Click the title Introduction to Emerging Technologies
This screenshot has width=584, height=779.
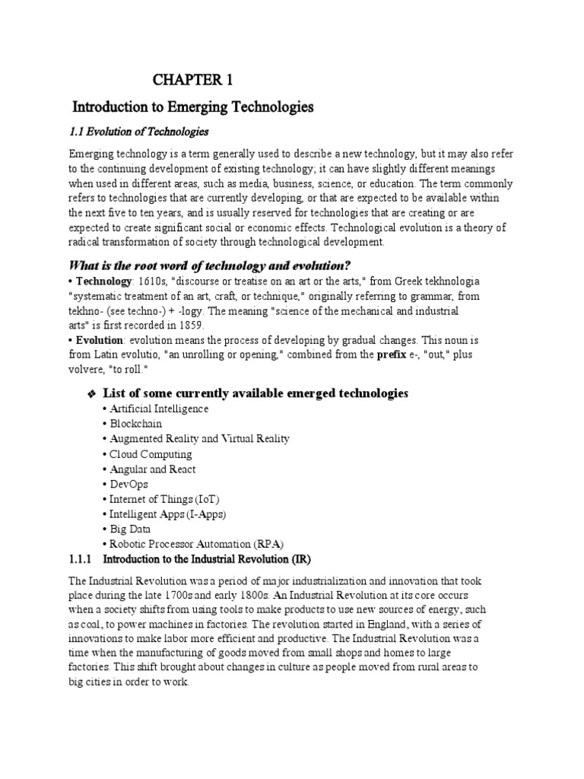[192, 107]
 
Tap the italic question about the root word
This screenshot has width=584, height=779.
[210, 265]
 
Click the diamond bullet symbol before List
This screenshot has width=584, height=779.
[90, 394]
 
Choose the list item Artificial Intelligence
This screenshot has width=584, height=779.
[159, 409]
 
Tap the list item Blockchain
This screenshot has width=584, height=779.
[135, 424]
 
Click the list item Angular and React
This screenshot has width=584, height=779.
[152, 469]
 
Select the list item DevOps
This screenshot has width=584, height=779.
[129, 484]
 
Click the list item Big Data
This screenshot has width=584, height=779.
[129, 529]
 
